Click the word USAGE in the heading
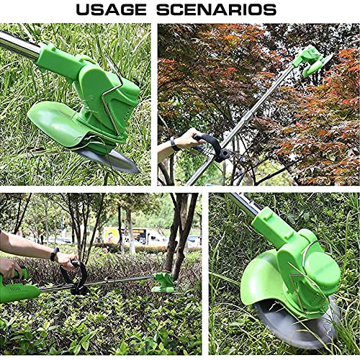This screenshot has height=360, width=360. pos(111,10)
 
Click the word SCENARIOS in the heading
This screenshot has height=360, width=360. pos(217,10)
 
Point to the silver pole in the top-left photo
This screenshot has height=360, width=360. pos(18,45)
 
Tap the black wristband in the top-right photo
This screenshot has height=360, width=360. pos(175,143)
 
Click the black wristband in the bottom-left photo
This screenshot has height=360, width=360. pos(55,254)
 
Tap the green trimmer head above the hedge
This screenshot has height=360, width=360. pos(163,283)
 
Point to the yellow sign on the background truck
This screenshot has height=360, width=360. pos(112,235)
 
